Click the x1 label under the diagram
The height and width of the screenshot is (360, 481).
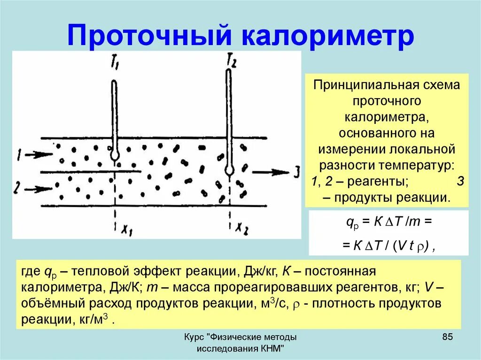(127, 230)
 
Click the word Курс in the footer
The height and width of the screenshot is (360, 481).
(194, 337)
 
